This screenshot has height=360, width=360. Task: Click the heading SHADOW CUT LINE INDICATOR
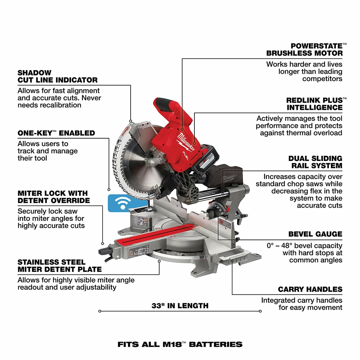tap(58, 76)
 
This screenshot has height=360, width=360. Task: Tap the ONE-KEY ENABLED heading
tap(56, 133)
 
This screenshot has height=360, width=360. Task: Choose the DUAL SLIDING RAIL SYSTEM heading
tap(315, 162)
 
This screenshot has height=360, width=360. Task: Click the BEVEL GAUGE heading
tap(315, 234)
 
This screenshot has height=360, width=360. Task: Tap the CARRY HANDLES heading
tap(310, 289)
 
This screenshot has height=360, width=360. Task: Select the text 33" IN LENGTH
tap(180, 306)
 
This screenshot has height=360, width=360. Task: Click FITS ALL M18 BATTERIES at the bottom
tap(180, 345)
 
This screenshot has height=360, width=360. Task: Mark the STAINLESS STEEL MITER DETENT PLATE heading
tap(59, 266)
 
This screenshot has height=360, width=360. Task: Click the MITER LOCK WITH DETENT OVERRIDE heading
tap(54, 197)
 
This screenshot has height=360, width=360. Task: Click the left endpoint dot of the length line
tap(99, 311)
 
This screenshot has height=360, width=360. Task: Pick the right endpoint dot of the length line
tap(260, 311)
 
